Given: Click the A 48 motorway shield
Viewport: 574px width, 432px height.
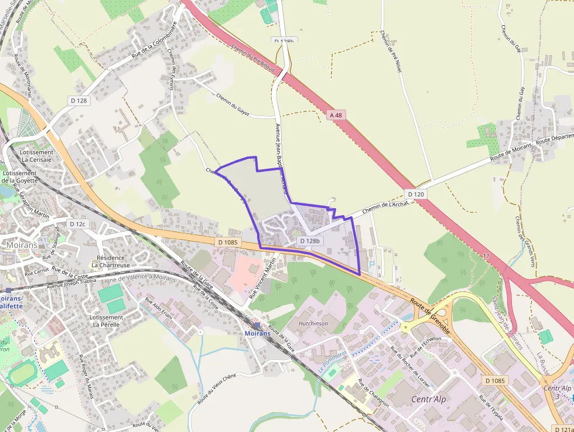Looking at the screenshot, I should (x=336, y=115).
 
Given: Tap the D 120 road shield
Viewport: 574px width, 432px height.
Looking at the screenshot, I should (x=414, y=194).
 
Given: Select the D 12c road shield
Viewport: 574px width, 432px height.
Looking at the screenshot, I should (x=77, y=224).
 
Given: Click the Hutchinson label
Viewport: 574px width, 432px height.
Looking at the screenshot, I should (x=313, y=323).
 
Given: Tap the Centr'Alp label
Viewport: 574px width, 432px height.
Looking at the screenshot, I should (x=420, y=401).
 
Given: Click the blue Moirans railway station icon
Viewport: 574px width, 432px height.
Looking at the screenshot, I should (x=257, y=325).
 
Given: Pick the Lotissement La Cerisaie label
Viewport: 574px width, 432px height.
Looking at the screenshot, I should (x=37, y=156).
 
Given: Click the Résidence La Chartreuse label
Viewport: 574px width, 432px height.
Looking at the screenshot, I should (x=111, y=261).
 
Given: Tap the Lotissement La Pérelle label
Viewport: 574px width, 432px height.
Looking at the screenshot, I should (x=106, y=321).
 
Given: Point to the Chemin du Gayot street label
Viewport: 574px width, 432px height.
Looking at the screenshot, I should (x=237, y=106).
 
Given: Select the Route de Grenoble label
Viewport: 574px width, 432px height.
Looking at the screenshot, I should (x=430, y=316).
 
